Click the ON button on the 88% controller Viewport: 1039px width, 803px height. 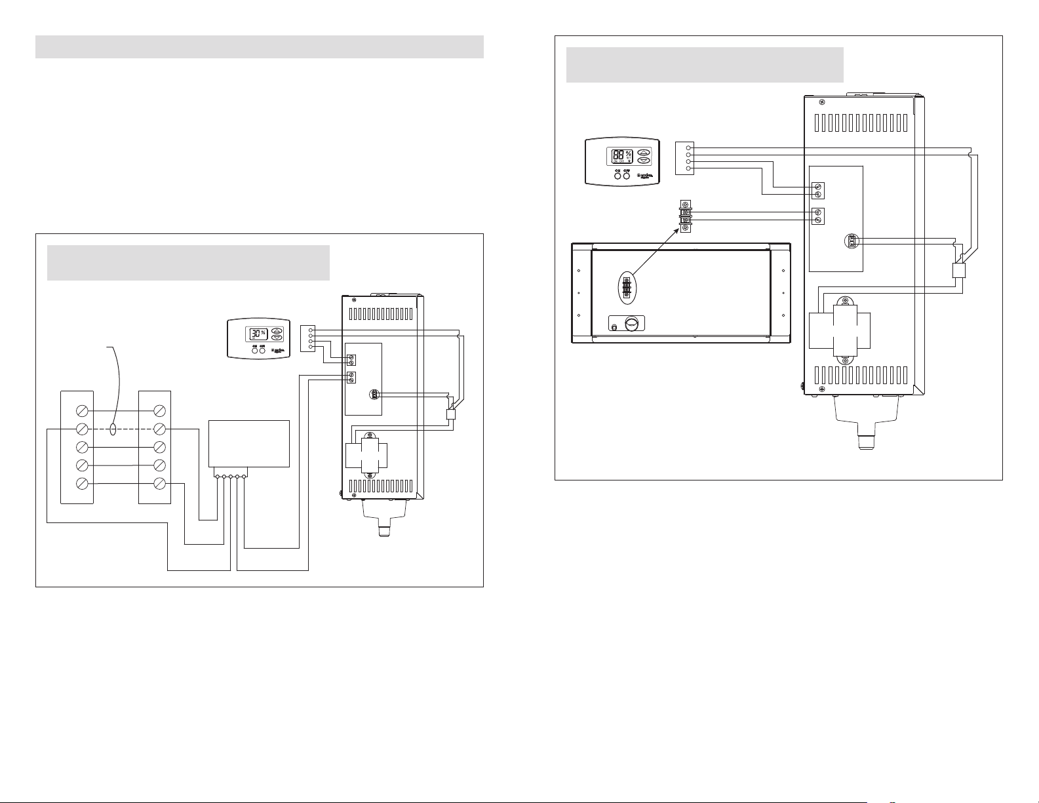coord(618,175)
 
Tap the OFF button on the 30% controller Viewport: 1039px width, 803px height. coord(262,350)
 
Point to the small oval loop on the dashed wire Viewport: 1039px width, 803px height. coord(114,429)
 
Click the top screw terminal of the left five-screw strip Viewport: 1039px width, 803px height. coord(83,411)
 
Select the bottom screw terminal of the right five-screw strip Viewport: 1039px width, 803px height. coord(159,484)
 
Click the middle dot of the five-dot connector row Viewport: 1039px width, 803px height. coord(231,477)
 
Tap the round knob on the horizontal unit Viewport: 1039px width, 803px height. coord(631,324)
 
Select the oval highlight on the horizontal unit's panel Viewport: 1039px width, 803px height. coord(627,286)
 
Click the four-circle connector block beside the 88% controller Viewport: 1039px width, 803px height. coord(684,158)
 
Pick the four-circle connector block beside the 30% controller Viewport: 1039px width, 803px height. coord(307,338)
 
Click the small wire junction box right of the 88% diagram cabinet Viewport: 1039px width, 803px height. coord(960,270)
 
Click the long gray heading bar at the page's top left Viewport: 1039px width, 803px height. coord(259,47)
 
